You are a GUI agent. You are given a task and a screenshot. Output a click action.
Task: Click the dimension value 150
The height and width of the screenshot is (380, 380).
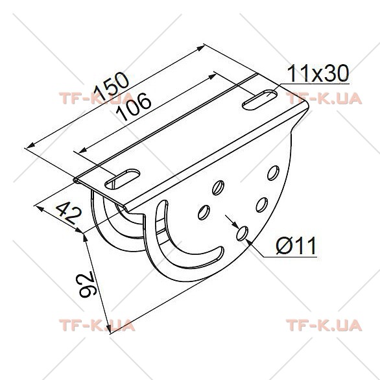pos(112,86)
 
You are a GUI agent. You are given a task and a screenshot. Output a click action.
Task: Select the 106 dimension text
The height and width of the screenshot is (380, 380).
pos(134,106)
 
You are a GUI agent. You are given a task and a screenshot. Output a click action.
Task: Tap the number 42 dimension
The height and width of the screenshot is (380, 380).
pos(69,213)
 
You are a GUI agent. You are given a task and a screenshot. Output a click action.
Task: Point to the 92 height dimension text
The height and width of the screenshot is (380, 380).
pos(88,284)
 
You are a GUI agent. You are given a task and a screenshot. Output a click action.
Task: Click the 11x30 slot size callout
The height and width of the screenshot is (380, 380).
pos(318,73)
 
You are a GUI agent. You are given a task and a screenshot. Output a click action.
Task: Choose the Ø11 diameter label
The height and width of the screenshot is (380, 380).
pos(296,246)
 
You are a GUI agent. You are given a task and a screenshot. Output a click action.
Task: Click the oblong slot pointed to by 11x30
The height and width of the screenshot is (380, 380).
pos(260,100)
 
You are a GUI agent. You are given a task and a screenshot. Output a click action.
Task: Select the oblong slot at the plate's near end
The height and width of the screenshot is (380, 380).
pos(123,180)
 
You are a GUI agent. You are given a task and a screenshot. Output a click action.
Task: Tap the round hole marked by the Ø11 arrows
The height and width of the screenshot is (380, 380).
pos(242,233)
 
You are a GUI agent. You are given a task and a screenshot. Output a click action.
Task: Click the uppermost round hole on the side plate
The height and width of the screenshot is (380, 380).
pos(273,173)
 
